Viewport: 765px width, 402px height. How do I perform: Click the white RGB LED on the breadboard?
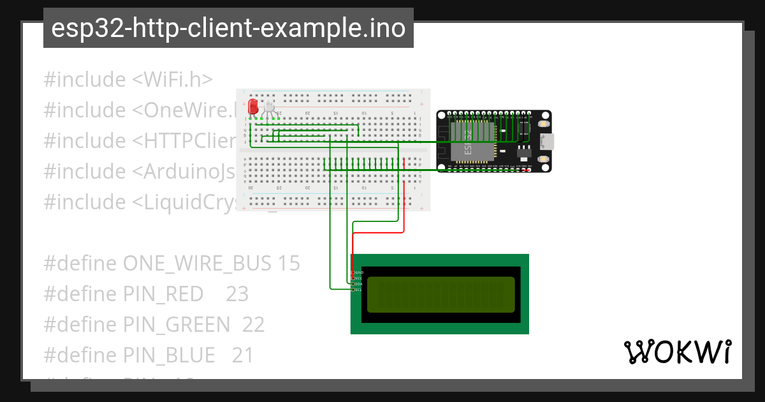click(270, 107)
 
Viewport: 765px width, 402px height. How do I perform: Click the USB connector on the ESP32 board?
click(546, 140)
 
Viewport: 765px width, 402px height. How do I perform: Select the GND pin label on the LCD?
click(358, 272)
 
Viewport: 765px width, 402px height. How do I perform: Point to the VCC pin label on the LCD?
click(358, 278)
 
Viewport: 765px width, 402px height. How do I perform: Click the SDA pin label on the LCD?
click(358, 284)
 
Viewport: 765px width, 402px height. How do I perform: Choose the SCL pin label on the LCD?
click(358, 290)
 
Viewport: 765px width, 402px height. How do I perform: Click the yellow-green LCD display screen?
click(440, 295)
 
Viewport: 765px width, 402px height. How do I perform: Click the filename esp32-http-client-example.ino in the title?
click(228, 28)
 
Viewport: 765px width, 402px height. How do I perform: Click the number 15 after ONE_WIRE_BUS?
click(288, 264)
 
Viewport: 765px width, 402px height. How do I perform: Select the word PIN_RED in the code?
click(163, 294)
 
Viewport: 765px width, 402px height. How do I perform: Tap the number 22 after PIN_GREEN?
click(253, 325)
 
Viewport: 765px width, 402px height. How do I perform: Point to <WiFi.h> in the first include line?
click(172, 80)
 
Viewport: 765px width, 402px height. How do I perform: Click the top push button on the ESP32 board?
click(543, 123)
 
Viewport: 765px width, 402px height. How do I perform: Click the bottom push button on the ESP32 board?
click(543, 158)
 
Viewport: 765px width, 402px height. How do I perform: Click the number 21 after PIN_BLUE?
click(243, 355)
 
